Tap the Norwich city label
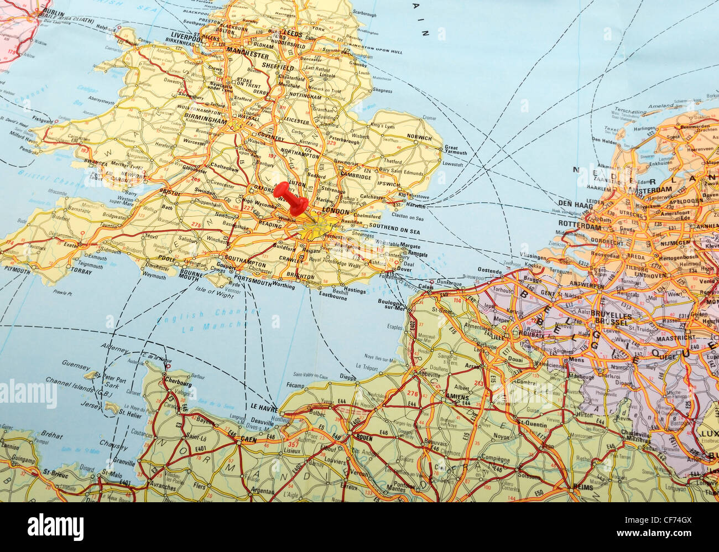tap(419, 137)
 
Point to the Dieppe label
tap(347, 377)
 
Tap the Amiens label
tap(457, 398)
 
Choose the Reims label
tap(583, 487)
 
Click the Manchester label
tap(248, 56)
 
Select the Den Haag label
tap(571, 203)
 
